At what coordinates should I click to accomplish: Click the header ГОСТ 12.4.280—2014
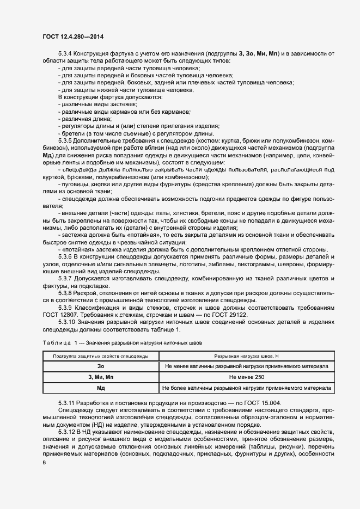coord(73,36)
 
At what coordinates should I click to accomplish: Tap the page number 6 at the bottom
coord(43,462)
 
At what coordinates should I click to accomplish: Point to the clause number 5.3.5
coord(65,140)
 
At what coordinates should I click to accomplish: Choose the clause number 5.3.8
coord(65,292)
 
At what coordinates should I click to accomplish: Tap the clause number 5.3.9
coord(65,307)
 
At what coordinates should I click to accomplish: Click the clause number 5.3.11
coord(66,402)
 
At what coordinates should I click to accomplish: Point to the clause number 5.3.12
coord(66,432)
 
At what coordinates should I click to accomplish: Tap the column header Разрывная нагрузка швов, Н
coord(246,356)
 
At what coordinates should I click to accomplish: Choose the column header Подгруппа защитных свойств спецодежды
coord(101,356)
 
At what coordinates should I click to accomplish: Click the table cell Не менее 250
coord(246,377)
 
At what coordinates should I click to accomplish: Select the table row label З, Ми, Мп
coord(101,377)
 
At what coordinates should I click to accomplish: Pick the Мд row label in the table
coord(101,388)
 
